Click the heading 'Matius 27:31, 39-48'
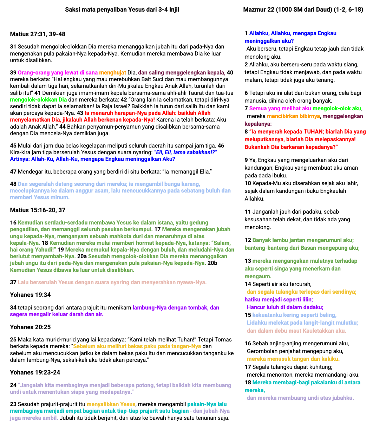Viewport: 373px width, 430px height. [x=38, y=34]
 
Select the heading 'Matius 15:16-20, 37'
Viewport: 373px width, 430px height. [x=38, y=210]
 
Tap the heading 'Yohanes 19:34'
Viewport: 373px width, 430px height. [x=30, y=295]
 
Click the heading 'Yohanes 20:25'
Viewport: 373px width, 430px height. [x=30, y=327]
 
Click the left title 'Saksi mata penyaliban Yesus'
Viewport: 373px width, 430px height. [x=122, y=9]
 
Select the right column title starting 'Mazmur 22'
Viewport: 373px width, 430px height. [x=303, y=9]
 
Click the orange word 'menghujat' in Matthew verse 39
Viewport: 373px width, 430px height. [x=112, y=73]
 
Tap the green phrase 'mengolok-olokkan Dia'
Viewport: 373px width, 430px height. [x=38, y=99]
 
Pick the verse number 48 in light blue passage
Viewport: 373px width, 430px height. [x=13, y=184]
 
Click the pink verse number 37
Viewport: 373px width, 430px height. [x=13, y=282]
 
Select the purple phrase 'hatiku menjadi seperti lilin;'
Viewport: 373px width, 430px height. [x=279, y=299]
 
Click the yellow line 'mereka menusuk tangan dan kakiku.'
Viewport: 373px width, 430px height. [x=293, y=359]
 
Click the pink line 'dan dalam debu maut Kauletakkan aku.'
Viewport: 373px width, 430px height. [x=296, y=331]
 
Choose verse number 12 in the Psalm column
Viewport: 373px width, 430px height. [x=248, y=240]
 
